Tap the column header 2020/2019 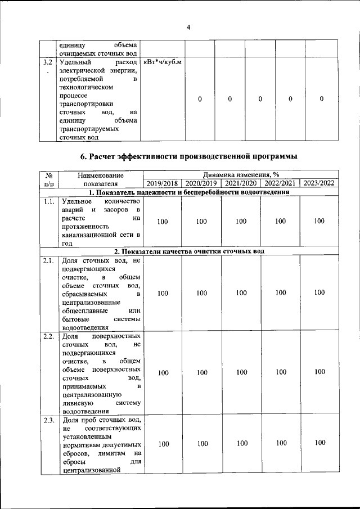[x=201, y=183]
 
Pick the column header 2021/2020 [x=241, y=183]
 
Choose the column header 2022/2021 [x=280, y=183]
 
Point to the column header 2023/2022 [x=319, y=183]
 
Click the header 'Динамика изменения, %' [x=241, y=174]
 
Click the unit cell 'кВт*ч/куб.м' [x=163, y=62]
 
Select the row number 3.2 [x=48, y=62]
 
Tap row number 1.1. [x=48, y=201]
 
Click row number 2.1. [x=48, y=260]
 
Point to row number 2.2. [x=48, y=336]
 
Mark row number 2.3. [x=48, y=420]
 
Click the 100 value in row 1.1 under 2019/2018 [x=163, y=222]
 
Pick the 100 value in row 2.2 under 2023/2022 [x=319, y=372]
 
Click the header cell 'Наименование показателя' [x=101, y=179]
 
